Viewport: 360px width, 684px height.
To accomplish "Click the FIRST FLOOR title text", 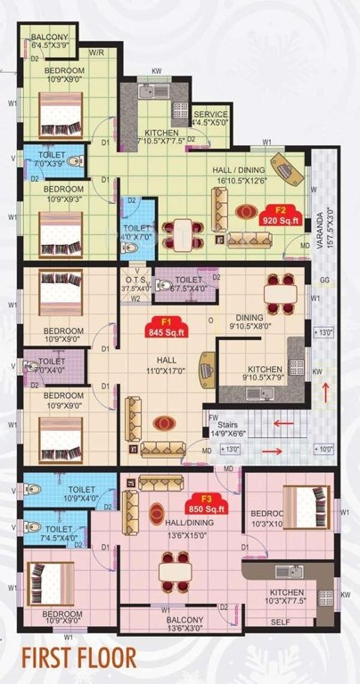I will pos(80,660).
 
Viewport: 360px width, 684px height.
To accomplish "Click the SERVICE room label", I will pos(210,118).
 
